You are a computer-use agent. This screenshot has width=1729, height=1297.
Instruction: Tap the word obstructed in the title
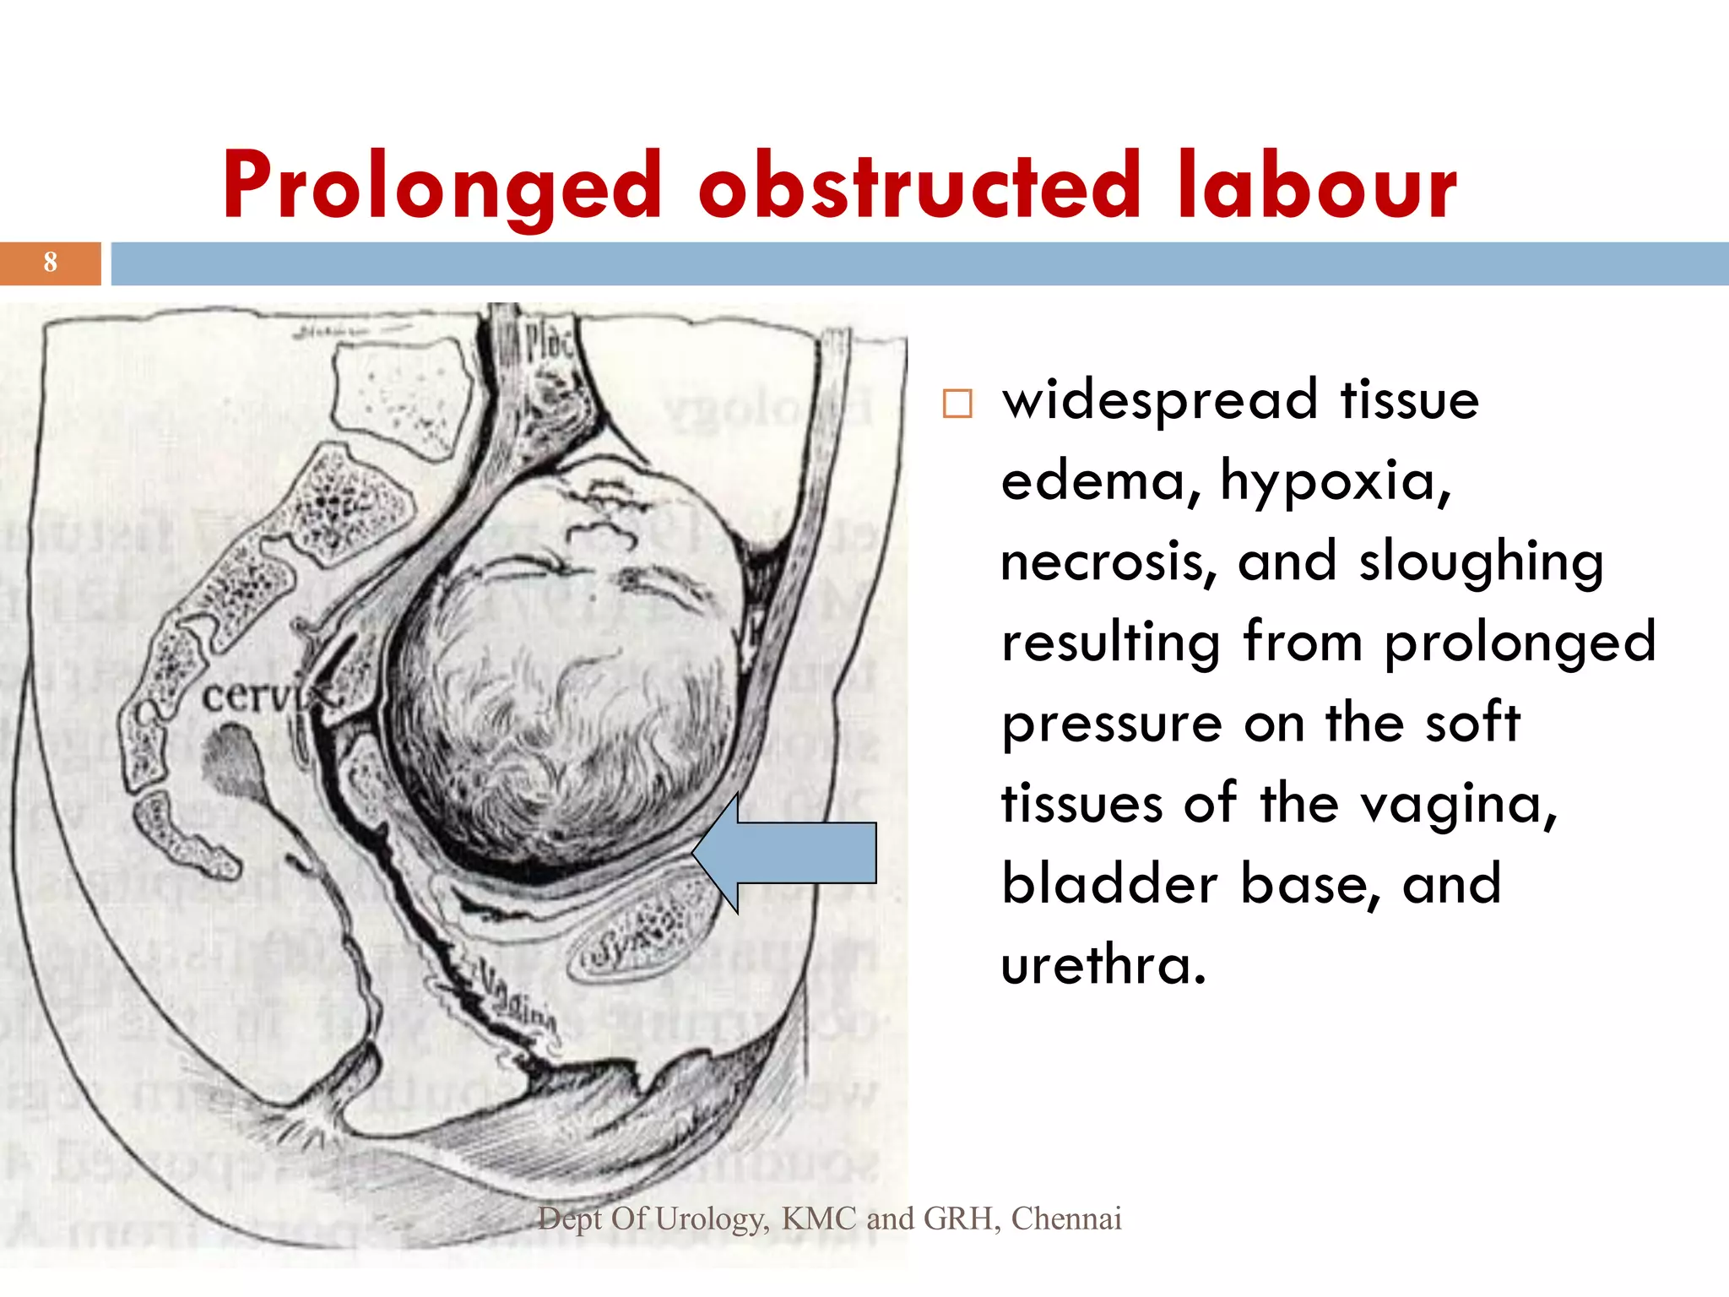point(919,186)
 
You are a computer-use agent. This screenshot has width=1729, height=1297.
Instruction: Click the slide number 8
point(51,263)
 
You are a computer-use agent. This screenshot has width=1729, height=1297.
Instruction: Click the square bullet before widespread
point(957,404)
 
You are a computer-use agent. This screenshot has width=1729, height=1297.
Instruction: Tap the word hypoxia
point(1335,481)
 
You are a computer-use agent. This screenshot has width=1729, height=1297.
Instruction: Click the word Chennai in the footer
point(1066,1218)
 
